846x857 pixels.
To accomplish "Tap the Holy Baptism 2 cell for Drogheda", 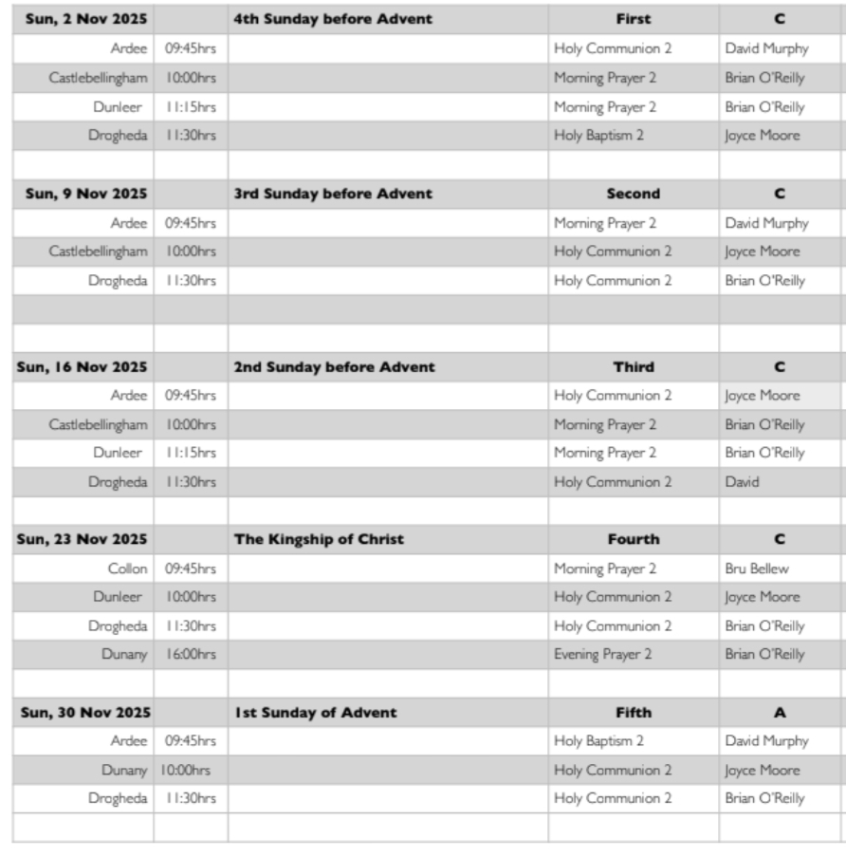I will point(598,136).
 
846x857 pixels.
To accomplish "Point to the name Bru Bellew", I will point(753,568).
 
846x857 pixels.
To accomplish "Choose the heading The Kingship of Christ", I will point(319,539).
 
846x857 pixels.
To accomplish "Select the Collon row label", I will point(127,568).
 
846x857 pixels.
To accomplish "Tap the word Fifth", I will point(633,713).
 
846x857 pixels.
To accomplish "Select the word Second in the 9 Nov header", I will point(633,194).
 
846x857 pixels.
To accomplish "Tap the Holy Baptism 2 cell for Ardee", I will point(598,741).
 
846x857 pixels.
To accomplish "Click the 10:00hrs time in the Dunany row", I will point(186,771).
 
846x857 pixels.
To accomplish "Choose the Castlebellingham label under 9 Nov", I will point(98,252).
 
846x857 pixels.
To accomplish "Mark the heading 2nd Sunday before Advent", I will point(334,367).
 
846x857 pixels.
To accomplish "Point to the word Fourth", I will point(633,539).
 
